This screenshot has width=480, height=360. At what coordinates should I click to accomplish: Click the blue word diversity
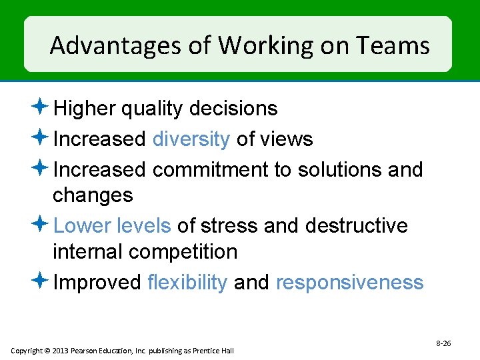pos(191,139)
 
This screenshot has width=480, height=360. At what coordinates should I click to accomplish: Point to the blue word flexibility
pos(188,283)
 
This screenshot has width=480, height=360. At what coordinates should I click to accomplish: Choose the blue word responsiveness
pos(349,283)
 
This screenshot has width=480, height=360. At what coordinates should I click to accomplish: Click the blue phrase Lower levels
pos(112,226)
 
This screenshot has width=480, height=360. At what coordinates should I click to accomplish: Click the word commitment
pos(210,170)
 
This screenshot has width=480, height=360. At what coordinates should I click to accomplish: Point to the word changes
pos(93,196)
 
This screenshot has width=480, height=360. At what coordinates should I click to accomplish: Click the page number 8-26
pos(443,343)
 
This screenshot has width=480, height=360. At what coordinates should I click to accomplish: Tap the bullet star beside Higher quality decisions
pos(41,107)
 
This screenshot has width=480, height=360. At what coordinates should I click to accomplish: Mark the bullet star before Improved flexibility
pos(41,281)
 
